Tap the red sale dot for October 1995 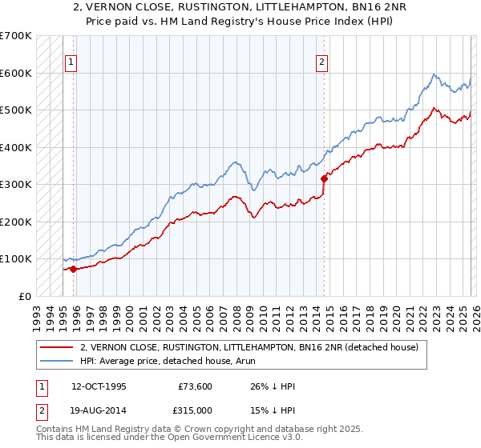tap(73, 269)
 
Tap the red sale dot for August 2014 tap(324, 178)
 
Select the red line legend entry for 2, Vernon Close tap(249, 348)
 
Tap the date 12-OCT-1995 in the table tap(98, 386)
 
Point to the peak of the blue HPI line tap(433, 74)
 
